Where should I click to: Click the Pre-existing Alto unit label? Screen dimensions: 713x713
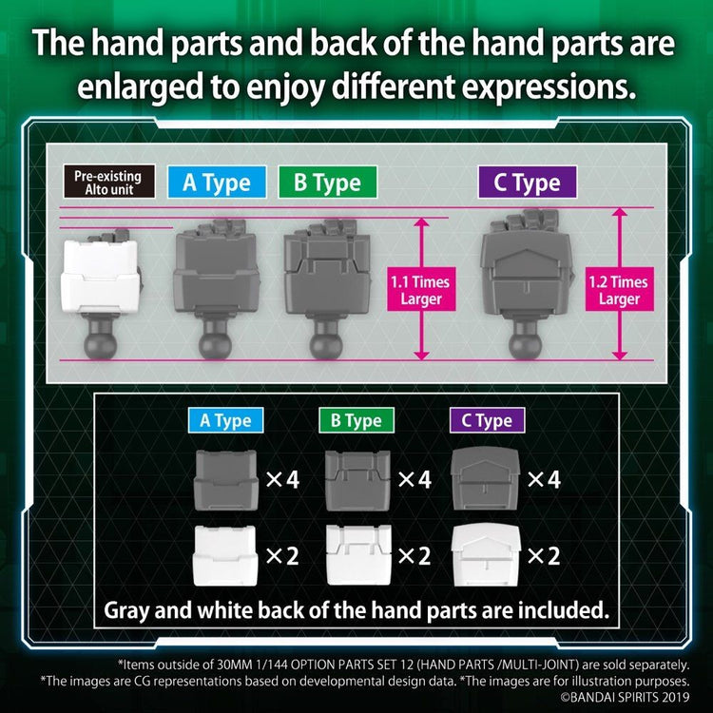(x=109, y=182)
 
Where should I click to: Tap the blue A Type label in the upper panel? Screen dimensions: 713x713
(x=217, y=183)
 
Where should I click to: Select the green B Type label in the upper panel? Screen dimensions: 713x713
(x=327, y=183)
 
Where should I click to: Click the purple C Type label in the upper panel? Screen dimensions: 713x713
(x=528, y=183)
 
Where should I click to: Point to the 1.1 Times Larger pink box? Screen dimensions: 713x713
(x=421, y=290)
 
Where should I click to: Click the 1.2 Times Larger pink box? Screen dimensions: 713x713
(x=619, y=290)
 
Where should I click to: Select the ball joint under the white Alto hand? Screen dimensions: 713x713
(x=101, y=340)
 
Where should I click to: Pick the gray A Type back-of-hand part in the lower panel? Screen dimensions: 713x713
(x=226, y=479)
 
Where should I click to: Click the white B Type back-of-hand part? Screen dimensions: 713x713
(x=358, y=555)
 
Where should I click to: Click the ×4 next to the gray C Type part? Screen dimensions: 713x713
(x=545, y=479)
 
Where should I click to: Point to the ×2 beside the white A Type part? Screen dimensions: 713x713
(x=282, y=556)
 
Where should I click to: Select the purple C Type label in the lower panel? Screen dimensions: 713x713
(x=487, y=420)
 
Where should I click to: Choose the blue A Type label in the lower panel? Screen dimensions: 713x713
(x=225, y=420)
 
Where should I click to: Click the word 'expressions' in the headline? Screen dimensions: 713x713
(x=549, y=87)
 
